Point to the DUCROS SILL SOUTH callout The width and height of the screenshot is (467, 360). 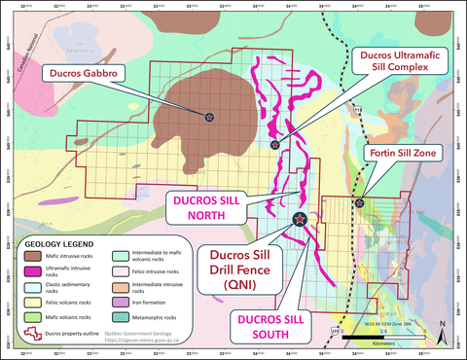[269, 323]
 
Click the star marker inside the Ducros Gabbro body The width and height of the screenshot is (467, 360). [236, 116]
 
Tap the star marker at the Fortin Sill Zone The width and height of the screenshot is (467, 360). [360, 203]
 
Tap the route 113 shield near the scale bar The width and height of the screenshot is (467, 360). [337, 331]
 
